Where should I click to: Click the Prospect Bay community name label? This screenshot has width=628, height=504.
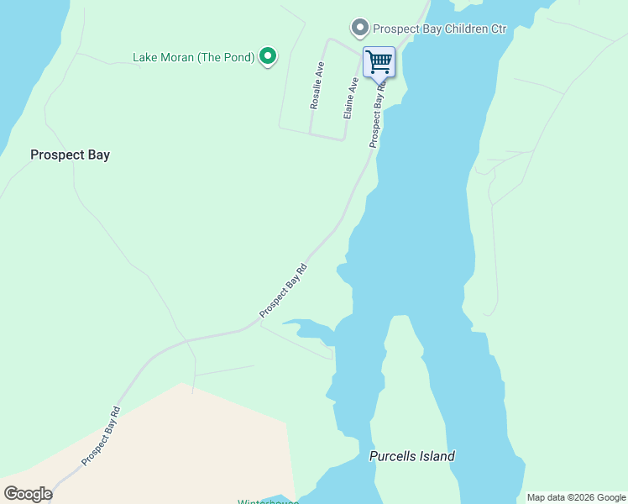[70, 155]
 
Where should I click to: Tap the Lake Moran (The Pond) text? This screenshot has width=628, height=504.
[193, 57]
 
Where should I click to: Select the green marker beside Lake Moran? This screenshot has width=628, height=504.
[268, 56]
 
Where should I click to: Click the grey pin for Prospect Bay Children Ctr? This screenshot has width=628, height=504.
[360, 29]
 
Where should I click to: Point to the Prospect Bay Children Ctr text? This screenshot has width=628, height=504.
[440, 29]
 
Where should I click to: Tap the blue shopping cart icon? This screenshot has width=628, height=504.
[379, 61]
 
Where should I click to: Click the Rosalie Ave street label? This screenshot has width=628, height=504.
[317, 85]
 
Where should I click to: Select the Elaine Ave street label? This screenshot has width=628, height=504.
[351, 97]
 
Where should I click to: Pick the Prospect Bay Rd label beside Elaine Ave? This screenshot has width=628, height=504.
[379, 113]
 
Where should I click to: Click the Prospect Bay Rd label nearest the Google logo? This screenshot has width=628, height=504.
[102, 437]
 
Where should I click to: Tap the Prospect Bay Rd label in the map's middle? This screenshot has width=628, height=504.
[284, 291]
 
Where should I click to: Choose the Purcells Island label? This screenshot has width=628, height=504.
[411, 456]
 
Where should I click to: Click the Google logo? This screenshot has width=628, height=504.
[28, 494]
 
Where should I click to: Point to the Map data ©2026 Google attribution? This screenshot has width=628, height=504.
[575, 497]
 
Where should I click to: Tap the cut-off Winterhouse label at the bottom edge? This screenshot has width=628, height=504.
[264, 501]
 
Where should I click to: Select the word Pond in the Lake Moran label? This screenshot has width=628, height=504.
[239, 57]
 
